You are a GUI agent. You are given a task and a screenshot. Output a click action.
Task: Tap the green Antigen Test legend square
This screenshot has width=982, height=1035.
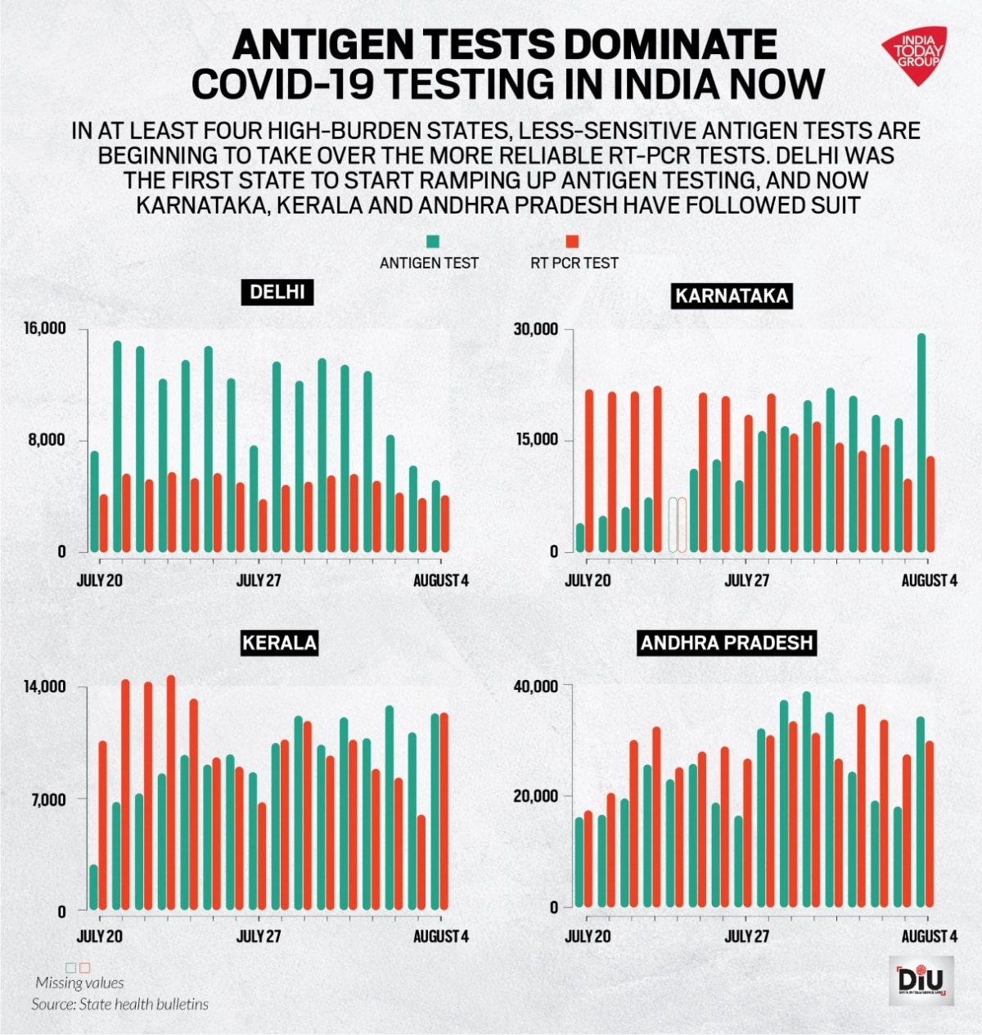433,241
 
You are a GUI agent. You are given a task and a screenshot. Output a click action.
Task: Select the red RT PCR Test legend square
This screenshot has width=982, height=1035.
573,241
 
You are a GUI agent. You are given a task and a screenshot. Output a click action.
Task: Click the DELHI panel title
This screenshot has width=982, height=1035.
277,292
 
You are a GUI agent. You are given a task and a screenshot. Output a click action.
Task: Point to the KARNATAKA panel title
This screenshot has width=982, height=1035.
732,295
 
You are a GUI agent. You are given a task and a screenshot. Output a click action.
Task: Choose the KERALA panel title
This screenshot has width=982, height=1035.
279,642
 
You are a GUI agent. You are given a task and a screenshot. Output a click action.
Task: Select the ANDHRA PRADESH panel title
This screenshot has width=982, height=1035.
727,642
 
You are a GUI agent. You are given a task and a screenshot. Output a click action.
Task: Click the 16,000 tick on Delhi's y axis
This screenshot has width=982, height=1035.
45,329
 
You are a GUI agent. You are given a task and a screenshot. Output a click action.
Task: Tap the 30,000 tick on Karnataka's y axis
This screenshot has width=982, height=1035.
536,329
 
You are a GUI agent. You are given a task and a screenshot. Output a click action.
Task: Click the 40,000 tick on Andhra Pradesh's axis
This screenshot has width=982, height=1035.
536,686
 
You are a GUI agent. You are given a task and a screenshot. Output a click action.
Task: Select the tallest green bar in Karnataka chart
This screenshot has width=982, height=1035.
921,442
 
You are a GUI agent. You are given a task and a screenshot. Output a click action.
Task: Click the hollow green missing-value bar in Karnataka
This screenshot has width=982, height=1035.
673,524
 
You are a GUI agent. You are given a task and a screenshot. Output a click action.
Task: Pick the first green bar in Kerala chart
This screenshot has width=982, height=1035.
93,887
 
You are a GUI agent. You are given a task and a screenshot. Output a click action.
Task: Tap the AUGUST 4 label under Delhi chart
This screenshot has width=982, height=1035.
440,581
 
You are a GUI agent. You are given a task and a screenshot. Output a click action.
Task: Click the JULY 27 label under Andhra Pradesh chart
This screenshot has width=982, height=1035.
747,936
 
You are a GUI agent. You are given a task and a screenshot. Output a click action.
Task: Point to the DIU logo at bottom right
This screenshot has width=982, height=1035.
921,980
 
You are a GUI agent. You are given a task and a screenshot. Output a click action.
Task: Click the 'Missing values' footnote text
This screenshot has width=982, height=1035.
79,983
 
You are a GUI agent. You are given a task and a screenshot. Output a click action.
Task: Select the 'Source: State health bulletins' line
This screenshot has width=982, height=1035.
120,1004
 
